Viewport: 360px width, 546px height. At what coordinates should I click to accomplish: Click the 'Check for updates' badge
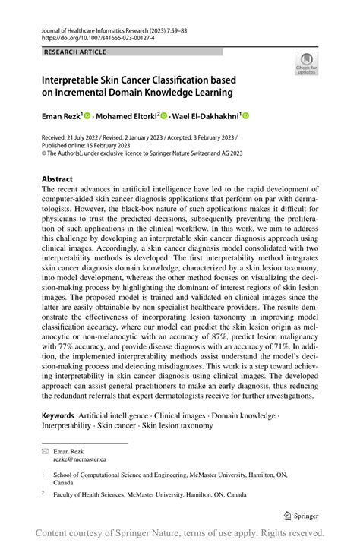point(306,63)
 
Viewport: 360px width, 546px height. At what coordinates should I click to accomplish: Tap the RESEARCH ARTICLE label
point(75,52)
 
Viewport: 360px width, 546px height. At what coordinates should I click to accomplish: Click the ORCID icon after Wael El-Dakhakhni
point(245,116)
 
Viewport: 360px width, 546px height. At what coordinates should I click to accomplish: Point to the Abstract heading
point(58,180)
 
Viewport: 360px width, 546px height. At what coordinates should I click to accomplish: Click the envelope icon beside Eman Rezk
point(45,450)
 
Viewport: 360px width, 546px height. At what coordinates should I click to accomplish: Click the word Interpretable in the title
point(77,80)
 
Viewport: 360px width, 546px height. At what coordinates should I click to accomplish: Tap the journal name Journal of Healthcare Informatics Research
point(106,27)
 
